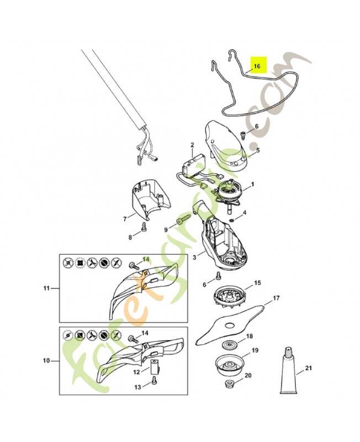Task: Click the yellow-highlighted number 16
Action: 257,66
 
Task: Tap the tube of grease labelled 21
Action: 289,370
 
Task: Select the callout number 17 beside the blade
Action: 276,298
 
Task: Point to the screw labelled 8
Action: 144,226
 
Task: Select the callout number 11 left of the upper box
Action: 46,288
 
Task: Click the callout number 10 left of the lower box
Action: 46,360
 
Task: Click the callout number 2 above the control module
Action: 192,145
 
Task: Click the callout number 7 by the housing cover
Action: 125,219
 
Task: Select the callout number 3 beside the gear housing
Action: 194,257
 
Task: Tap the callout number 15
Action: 257,283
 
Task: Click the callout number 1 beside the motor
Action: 252,184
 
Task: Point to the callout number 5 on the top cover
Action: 258,150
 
